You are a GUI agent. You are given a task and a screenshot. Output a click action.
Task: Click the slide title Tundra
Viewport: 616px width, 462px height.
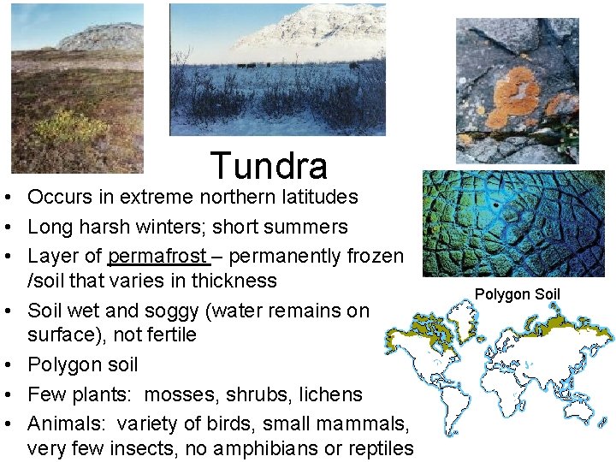[x=268, y=166]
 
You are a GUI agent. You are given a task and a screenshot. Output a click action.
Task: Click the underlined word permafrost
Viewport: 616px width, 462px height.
[x=157, y=256]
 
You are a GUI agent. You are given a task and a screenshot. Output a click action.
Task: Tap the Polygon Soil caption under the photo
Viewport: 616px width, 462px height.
[x=517, y=295]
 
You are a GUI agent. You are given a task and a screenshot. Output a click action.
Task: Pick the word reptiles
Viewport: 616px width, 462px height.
[x=382, y=448]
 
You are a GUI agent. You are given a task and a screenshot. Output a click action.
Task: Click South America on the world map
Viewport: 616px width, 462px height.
[x=446, y=402]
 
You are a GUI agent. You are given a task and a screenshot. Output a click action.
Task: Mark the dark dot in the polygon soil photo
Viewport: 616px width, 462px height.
[x=495, y=205]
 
